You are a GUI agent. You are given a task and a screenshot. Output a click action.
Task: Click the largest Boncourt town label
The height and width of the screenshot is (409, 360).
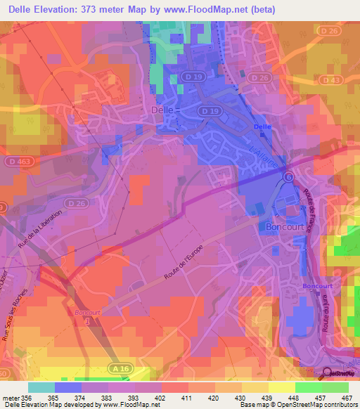pyautogui.click(x=284, y=227)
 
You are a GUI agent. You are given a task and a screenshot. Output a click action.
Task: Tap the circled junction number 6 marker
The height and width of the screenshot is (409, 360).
pyautogui.click(x=288, y=176)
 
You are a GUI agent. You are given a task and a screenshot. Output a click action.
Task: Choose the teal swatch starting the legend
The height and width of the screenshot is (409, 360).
pyautogui.click(x=41, y=387)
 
